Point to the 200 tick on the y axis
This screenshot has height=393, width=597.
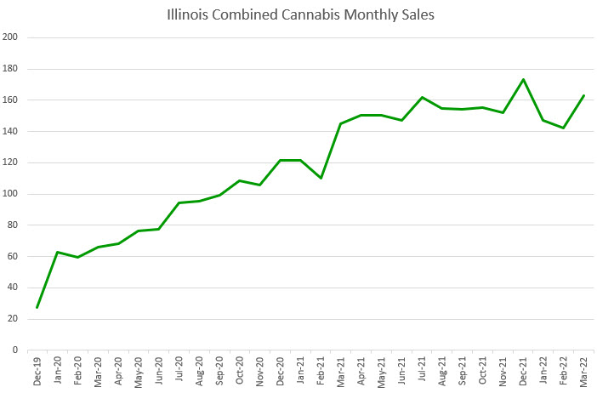point(10,37)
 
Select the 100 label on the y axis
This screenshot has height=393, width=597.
point(10,194)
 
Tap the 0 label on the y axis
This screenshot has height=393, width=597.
point(14,350)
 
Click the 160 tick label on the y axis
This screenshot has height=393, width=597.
point(10,100)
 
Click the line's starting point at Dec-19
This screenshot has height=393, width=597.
point(37,307)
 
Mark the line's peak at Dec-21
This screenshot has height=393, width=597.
point(523,79)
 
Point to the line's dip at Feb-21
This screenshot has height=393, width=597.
point(321,178)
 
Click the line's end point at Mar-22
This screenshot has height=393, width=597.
point(583,95)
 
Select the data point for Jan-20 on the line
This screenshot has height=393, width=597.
point(58,252)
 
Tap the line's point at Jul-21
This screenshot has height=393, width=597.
point(422,97)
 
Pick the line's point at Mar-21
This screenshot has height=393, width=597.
point(341,123)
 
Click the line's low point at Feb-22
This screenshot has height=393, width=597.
point(563,128)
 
